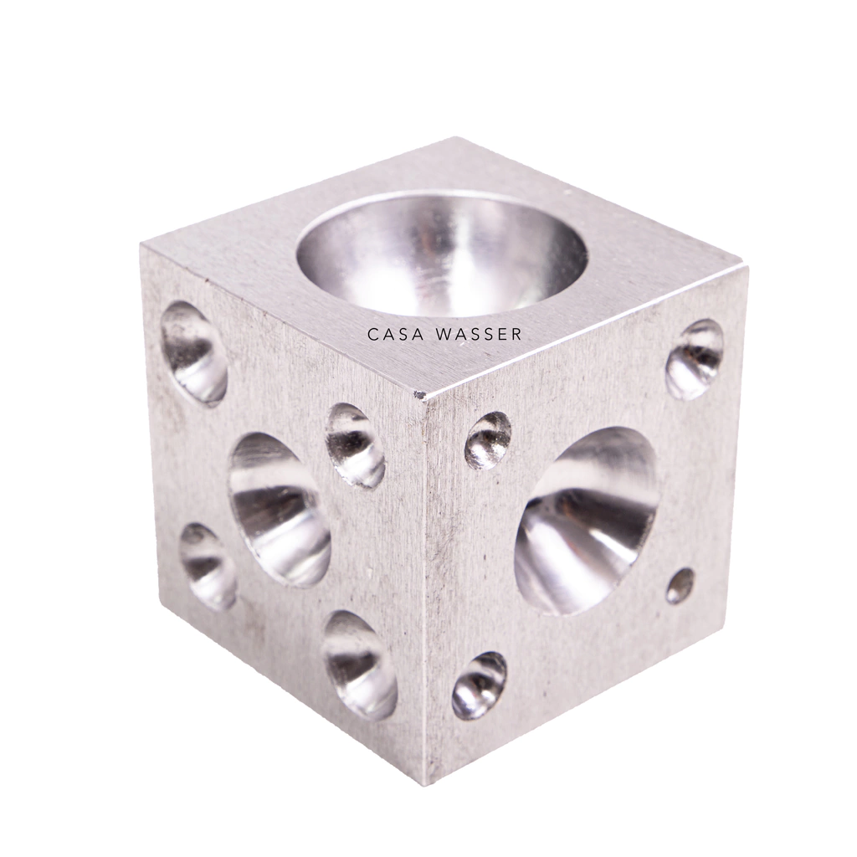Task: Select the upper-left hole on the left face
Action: pyautogui.click(x=193, y=352)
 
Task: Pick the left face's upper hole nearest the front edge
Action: pyautogui.click(x=355, y=445)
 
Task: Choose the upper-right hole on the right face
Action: pyautogui.click(x=694, y=360)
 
